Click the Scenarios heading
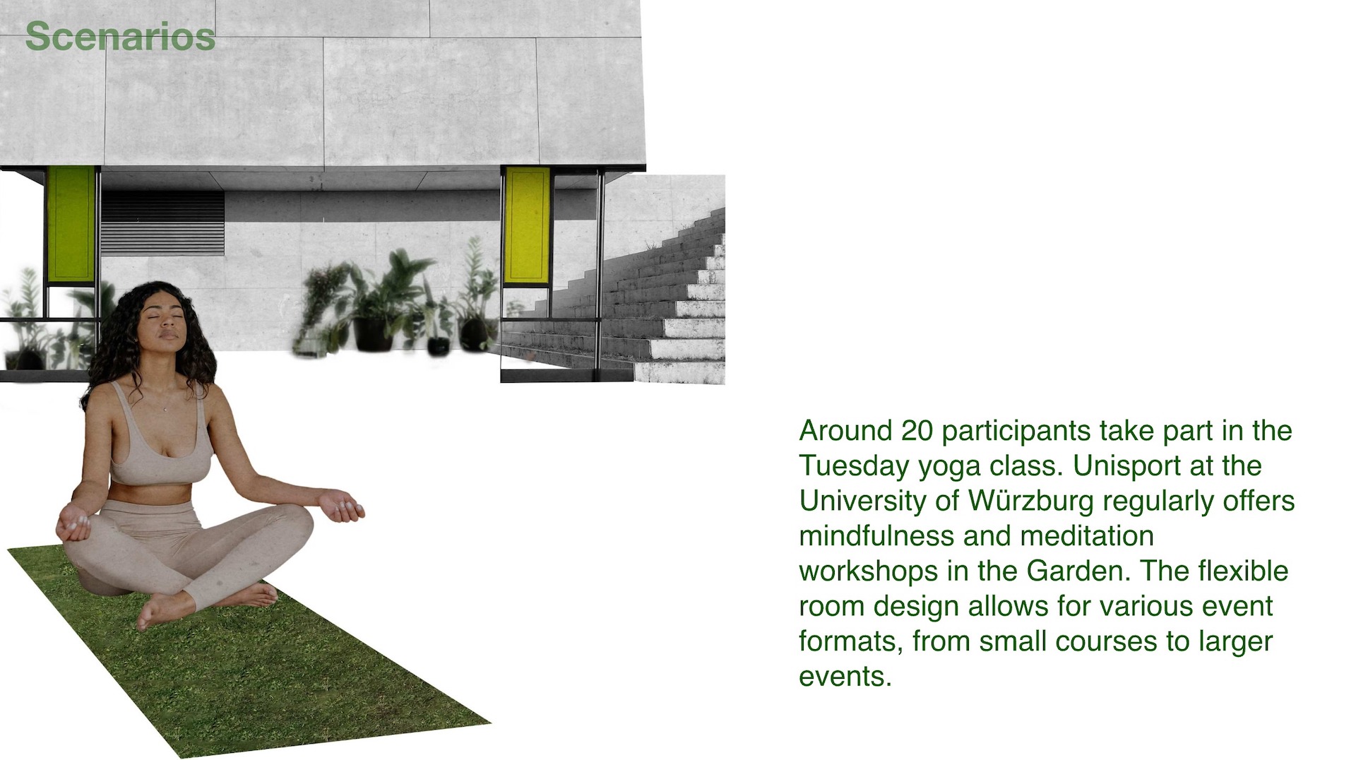coord(120,37)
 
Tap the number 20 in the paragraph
coord(917,430)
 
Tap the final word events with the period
coord(845,676)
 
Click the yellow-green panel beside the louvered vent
coord(71,222)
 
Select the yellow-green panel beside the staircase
coord(527,225)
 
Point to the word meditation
coord(1087,535)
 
